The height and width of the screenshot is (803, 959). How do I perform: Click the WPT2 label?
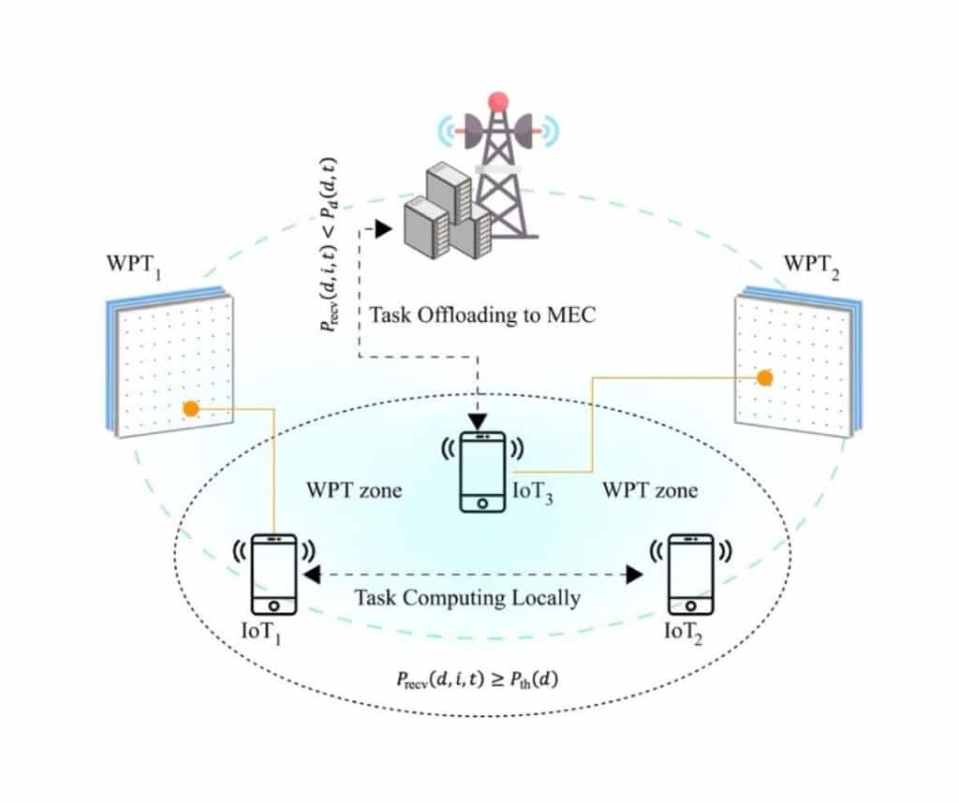point(810,263)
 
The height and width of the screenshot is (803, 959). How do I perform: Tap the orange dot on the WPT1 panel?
point(190,409)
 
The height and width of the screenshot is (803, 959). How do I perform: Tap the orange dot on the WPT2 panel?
point(764,377)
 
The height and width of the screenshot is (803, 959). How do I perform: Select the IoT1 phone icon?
point(273,575)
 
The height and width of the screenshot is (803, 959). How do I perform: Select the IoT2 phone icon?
point(690,575)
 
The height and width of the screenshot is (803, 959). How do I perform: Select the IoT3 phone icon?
point(481,472)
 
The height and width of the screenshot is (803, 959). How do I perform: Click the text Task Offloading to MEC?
point(482,314)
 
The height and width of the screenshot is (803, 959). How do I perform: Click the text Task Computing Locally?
point(466,597)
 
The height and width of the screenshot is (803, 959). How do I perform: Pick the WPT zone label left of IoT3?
point(354,490)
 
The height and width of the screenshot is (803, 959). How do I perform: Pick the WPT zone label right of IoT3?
point(649,490)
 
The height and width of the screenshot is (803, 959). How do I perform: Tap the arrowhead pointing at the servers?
point(382,227)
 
